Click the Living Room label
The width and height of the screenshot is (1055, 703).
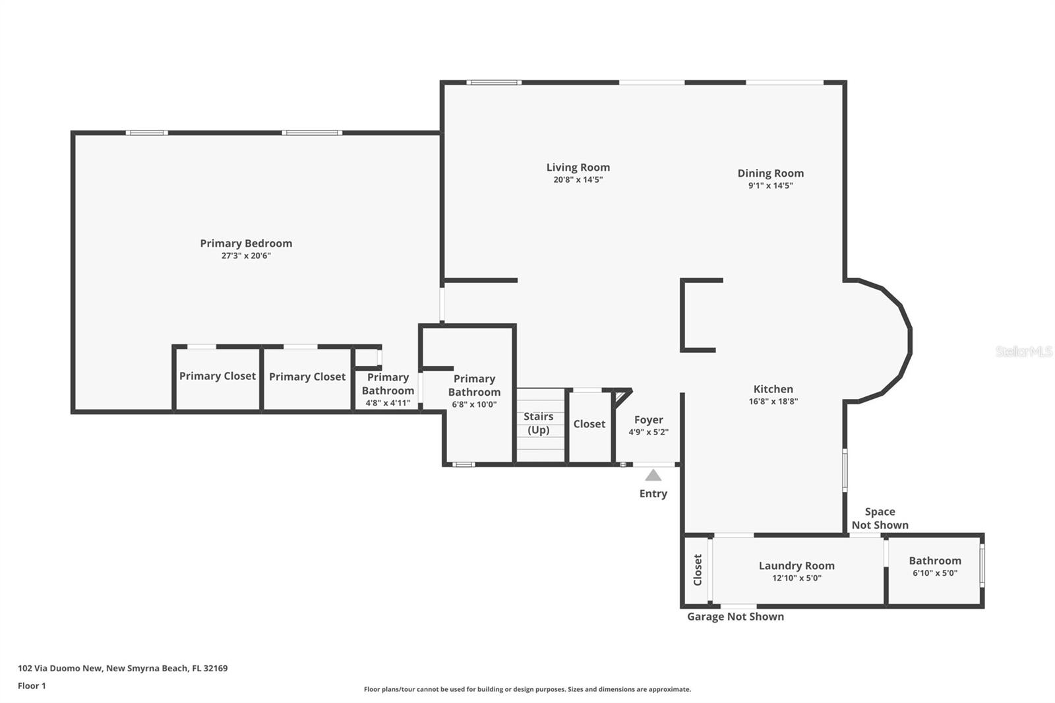pos(578,168)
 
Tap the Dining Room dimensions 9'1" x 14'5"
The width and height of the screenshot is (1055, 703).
pos(770,186)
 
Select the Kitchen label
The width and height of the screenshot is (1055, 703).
pos(773,389)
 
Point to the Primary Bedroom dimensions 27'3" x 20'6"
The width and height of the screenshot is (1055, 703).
pos(246,256)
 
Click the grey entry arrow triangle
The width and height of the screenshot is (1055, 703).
pos(653,475)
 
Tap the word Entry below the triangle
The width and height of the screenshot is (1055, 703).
pos(653,494)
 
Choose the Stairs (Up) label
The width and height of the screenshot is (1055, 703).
pos(538,423)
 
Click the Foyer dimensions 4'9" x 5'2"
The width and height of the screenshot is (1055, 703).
pos(648,433)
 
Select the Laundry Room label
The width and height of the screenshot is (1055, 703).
pos(796,566)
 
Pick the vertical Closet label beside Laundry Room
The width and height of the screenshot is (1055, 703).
pos(698,569)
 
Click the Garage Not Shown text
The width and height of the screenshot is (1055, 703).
pos(735,617)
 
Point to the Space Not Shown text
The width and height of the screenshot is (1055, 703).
pos(880,518)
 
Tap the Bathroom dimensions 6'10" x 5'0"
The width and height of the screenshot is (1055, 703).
pos(934,573)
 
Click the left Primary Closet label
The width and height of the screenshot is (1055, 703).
pos(217,376)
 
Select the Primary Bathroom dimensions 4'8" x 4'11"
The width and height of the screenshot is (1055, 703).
pos(388,403)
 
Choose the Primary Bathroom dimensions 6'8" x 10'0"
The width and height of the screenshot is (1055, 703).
pos(474,404)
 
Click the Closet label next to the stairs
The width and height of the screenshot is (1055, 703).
pos(589,424)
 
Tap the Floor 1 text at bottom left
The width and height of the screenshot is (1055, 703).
pos(32,686)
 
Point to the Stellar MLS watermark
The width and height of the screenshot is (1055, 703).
pos(1023,351)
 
